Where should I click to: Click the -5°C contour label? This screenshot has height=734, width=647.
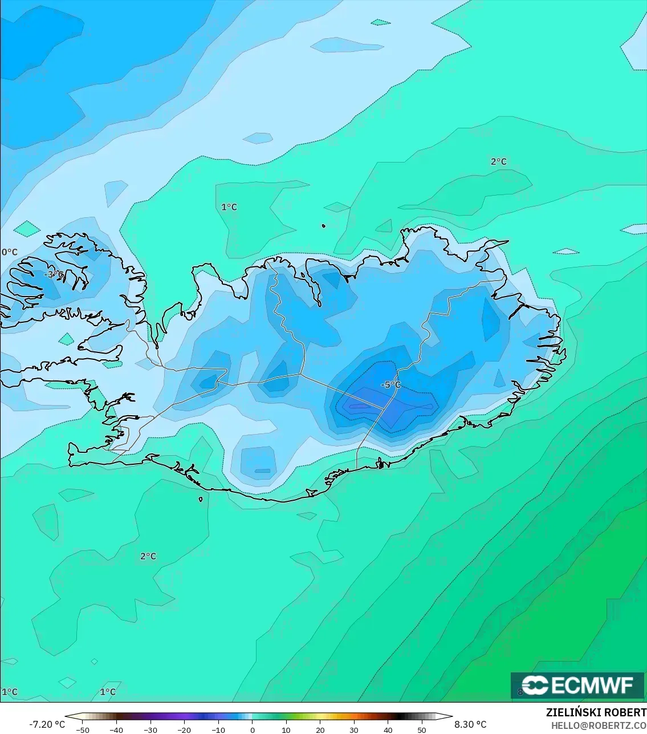point(390,385)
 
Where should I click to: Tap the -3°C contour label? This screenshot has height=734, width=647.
point(54,274)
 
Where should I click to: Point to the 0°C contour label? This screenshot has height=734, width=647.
point(10,252)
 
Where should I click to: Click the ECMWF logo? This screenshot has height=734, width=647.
point(577,685)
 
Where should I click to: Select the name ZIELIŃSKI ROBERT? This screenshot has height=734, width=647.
point(596,713)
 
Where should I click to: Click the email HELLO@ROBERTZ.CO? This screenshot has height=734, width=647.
point(599,725)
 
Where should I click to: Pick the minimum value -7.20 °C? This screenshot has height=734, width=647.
point(47,724)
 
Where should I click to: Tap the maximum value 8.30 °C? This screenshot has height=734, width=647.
point(470,724)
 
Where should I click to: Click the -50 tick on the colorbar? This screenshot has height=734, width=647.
point(83,729)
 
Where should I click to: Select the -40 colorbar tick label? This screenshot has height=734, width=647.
point(117,729)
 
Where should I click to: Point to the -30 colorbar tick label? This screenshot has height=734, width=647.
point(150,729)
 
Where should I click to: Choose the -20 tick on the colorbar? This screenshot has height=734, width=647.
point(184,729)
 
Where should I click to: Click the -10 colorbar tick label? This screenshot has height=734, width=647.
point(218,729)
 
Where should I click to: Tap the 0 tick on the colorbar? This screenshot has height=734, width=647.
point(253,729)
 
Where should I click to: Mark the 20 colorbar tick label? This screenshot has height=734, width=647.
point(320,729)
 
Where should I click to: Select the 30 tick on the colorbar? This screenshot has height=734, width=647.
point(354,729)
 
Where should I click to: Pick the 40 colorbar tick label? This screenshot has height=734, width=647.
point(388,729)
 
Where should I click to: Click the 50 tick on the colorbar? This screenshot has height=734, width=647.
point(421,729)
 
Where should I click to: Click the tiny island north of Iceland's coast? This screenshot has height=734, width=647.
point(324,226)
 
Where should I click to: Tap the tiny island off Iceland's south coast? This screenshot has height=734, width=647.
point(201,500)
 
